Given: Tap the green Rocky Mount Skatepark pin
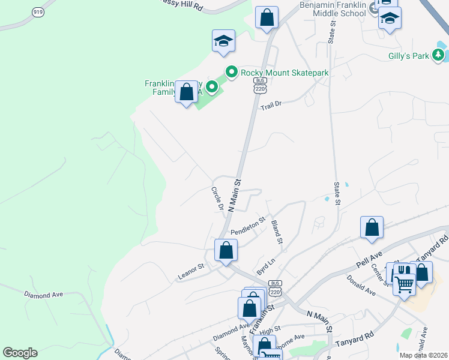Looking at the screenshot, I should coord(232,72).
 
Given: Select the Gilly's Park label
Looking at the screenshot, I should coord(408,56).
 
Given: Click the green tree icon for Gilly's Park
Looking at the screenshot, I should coord(439,55).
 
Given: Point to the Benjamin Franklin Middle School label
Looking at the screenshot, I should coord(333,8).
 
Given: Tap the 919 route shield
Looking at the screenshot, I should coord(38,12).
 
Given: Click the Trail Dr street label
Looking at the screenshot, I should coord(271,104).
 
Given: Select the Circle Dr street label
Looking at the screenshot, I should coord(217,198).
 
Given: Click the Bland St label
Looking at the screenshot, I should coord(277,232).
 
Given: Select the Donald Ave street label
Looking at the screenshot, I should coord(361,286).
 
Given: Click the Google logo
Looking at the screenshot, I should coord(20,353).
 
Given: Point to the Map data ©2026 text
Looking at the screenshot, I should coord(423,355).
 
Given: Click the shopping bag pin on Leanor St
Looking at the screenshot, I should coord(226,250).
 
